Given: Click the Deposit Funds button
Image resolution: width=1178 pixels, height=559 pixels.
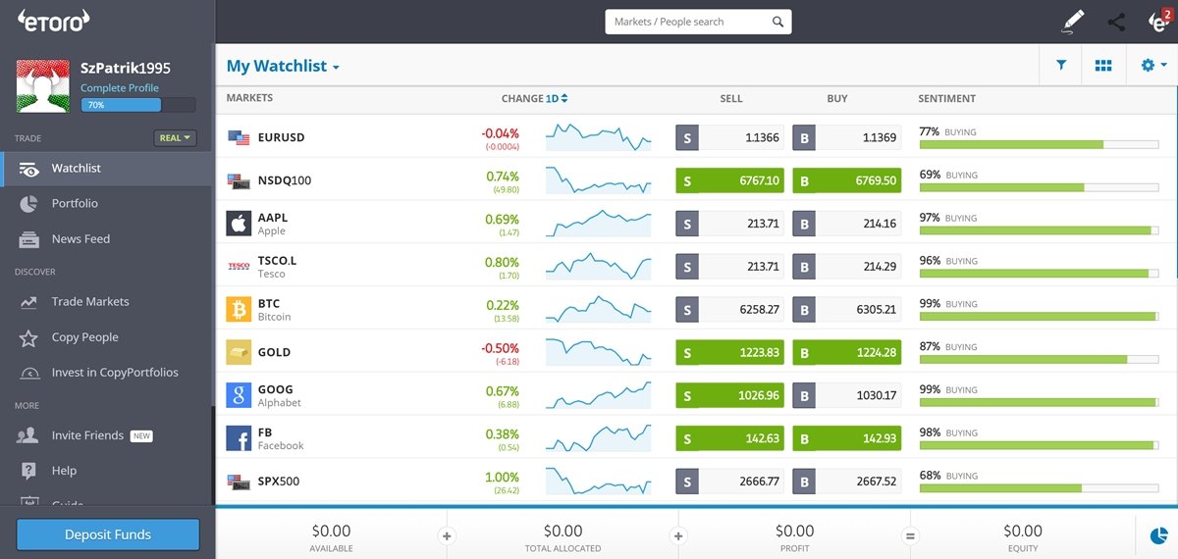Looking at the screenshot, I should tap(108, 534).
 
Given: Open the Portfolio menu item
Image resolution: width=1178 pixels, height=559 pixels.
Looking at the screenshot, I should tap(75, 203).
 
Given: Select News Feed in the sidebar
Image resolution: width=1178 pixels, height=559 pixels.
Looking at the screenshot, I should tap(80, 238).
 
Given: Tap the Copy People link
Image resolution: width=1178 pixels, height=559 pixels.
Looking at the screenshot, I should tap(84, 336).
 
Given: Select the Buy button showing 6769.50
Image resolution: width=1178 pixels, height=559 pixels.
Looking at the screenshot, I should tap(846, 181).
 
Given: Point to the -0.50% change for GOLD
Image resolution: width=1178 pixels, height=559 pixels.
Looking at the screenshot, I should tap(501, 348).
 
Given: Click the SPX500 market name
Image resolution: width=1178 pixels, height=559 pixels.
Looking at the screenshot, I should tap(278, 482).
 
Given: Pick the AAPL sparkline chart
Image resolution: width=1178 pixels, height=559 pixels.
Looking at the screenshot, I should tap(598, 223).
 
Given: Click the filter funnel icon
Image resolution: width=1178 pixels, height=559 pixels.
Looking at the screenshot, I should tap(1061, 66).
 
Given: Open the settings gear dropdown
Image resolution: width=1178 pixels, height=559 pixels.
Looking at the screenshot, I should tap(1152, 66).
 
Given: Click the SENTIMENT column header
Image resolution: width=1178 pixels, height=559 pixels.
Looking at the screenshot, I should tap(946, 98).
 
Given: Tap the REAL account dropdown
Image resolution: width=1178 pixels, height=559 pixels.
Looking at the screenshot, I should tap(175, 138).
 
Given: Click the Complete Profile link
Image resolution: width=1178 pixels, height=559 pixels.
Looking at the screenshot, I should tap(120, 87).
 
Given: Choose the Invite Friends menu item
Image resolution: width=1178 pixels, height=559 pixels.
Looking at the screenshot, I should tap(87, 434).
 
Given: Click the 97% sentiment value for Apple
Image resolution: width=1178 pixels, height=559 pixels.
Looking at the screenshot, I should tap(930, 217).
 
